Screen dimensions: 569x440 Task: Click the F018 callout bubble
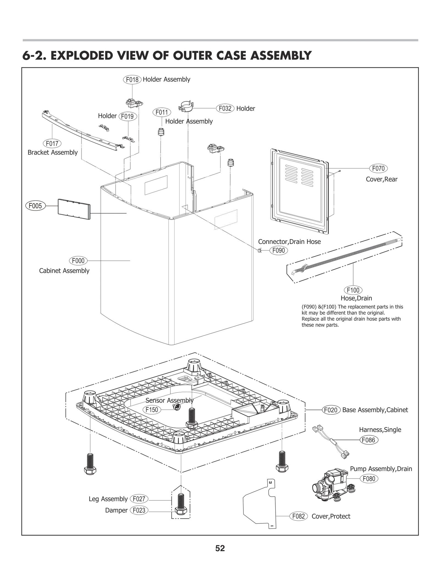[132, 80]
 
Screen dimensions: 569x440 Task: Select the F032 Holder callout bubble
[225, 109]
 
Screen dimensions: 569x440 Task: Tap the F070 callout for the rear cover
[378, 168]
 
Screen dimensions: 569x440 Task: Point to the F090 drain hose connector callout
[278, 251]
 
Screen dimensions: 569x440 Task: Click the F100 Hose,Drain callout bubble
[353, 290]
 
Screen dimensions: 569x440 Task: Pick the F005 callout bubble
[35, 206]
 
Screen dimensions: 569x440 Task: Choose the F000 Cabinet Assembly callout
[78, 261]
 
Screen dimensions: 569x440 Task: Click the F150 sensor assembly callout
[152, 410]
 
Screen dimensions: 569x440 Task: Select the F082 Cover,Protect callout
[298, 516]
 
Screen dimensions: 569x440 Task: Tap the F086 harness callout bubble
[369, 440]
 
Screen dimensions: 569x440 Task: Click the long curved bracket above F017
[82, 129]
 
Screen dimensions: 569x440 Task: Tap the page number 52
[220, 549]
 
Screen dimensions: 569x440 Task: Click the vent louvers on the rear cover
[299, 176]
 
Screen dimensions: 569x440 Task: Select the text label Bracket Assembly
[53, 152]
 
